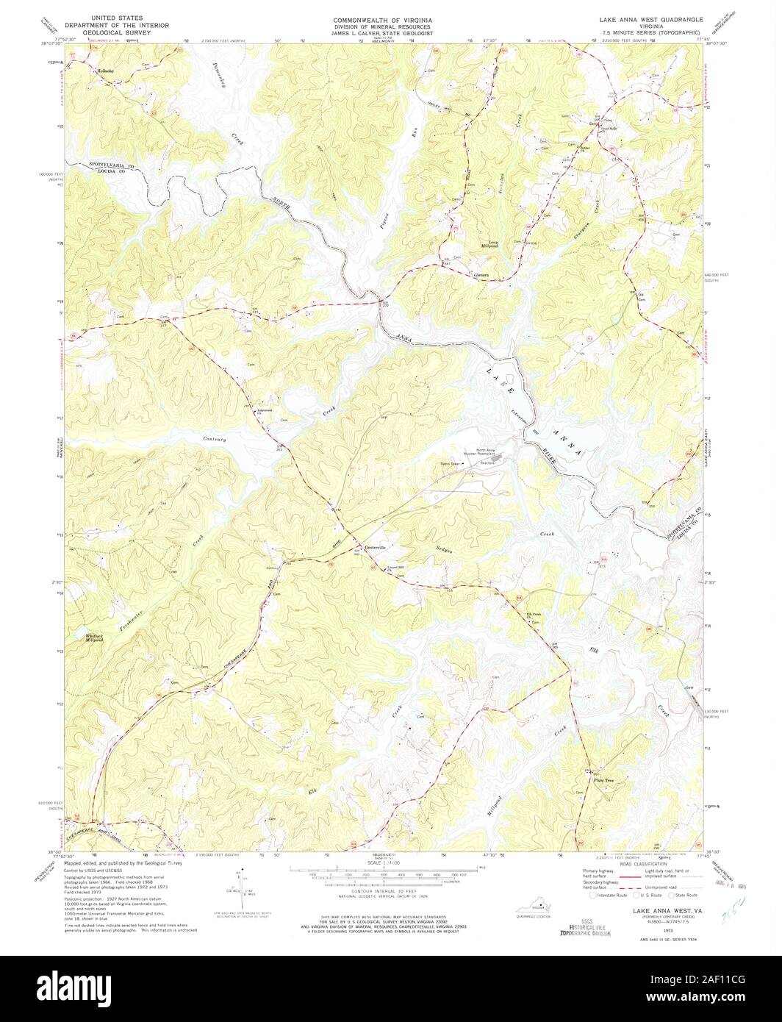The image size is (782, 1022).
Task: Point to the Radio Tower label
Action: coord(450,464)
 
